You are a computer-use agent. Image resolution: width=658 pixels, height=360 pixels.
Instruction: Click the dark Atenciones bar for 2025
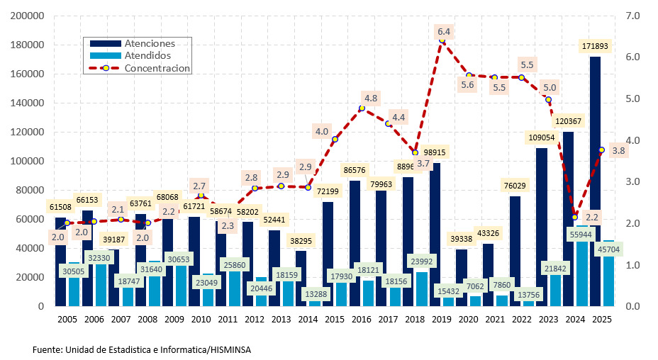pyautogui.click(x=596, y=142)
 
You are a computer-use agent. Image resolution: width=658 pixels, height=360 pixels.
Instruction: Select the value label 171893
pyautogui.click(x=595, y=46)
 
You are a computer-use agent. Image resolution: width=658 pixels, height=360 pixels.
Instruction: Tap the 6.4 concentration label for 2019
pyautogui.click(x=444, y=32)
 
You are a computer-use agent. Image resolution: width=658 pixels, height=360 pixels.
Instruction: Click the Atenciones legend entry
pyautogui.click(x=149, y=43)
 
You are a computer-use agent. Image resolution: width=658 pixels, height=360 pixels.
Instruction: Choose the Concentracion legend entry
pyautogui.click(x=157, y=68)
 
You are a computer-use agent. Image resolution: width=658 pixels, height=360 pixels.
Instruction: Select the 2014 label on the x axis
pyautogui.click(x=308, y=320)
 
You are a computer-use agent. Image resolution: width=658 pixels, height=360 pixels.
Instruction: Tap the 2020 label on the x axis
pyautogui.click(x=468, y=320)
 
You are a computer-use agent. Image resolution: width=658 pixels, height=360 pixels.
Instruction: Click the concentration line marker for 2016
pyautogui.click(x=362, y=108)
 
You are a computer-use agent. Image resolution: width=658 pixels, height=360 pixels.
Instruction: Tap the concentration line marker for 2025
pyautogui.click(x=601, y=150)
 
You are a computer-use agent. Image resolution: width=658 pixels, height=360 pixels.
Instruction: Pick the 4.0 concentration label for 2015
pyautogui.click(x=321, y=131)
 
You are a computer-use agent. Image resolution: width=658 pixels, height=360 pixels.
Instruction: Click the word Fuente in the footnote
pyautogui.click(x=47, y=349)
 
